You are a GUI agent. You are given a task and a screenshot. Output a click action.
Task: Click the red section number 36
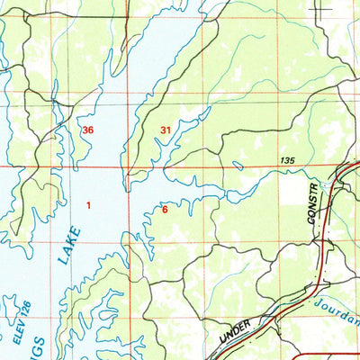pyautogui.click(x=87, y=130)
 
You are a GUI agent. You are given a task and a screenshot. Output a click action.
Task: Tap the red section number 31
pyautogui.click(x=166, y=130)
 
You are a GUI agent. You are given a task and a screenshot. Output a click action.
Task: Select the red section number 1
pyautogui.click(x=88, y=206)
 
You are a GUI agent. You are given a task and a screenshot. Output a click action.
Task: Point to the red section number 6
pyautogui.click(x=164, y=210)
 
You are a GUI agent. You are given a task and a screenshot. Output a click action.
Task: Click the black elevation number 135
pyautogui.click(x=288, y=160)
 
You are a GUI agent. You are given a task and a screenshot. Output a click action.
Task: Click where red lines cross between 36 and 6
pyautogui.click(x=127, y=167)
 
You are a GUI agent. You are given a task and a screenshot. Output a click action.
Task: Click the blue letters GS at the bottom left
pyautogui.click(x=38, y=351)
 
